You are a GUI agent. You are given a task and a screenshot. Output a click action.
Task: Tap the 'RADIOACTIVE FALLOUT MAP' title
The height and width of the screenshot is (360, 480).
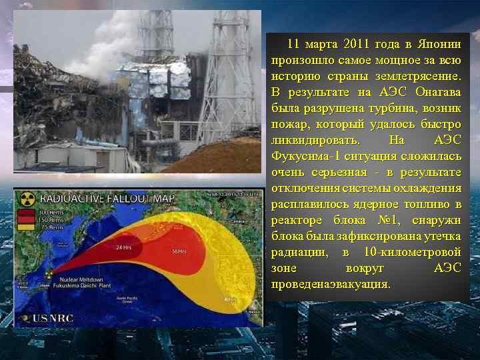click(107, 199)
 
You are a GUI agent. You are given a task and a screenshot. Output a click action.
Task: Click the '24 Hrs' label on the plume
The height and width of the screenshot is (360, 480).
click(124, 248)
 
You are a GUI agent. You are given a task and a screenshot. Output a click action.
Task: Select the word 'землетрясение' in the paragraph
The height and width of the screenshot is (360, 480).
click(420, 76)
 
